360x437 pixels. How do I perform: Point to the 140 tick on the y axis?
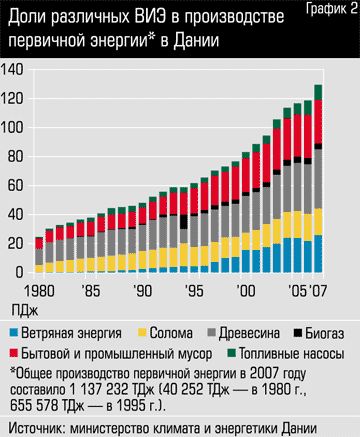(14, 70)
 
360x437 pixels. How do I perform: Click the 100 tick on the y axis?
(14, 128)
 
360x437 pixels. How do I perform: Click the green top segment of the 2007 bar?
(318, 93)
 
